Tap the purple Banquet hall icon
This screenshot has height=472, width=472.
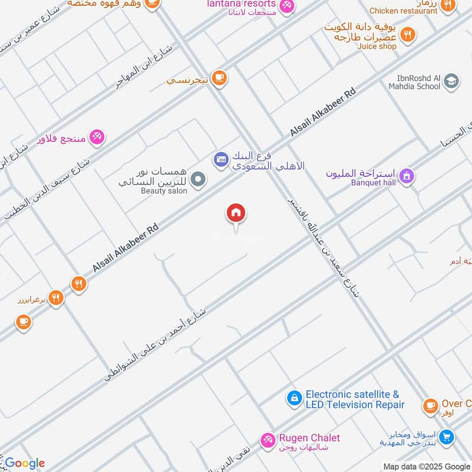coord(407,175)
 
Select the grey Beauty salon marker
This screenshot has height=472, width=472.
coord(199,178)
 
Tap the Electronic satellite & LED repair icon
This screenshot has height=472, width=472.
coord(293,399)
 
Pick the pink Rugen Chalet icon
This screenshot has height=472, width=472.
coord(268,440)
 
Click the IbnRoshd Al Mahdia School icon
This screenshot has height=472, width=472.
coord(451,81)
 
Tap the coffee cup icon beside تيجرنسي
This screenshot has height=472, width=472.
coord(219,78)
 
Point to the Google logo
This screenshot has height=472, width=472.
coord(24,463)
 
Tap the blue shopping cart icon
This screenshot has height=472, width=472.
coord(447,437)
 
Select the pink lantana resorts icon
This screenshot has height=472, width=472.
coord(287,5)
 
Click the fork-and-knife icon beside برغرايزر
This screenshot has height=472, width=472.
coord(56,298)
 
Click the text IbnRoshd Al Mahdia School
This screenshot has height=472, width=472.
coord(418,81)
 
